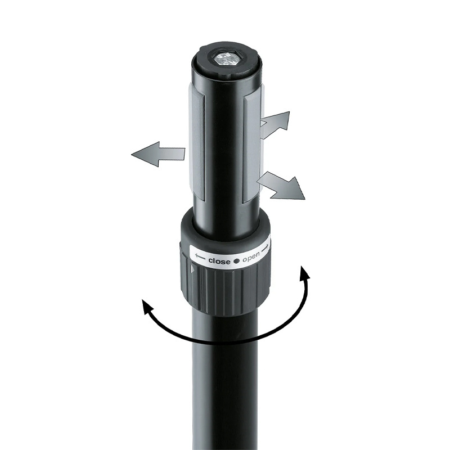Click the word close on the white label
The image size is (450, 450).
coord(219,261)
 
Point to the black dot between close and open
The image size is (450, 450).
coord(236,261)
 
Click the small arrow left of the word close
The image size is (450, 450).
coord(200,256)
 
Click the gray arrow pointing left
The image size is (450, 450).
coord(158,154)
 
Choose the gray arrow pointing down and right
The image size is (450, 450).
coord(281,185)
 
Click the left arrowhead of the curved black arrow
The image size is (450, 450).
coord(147,308)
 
